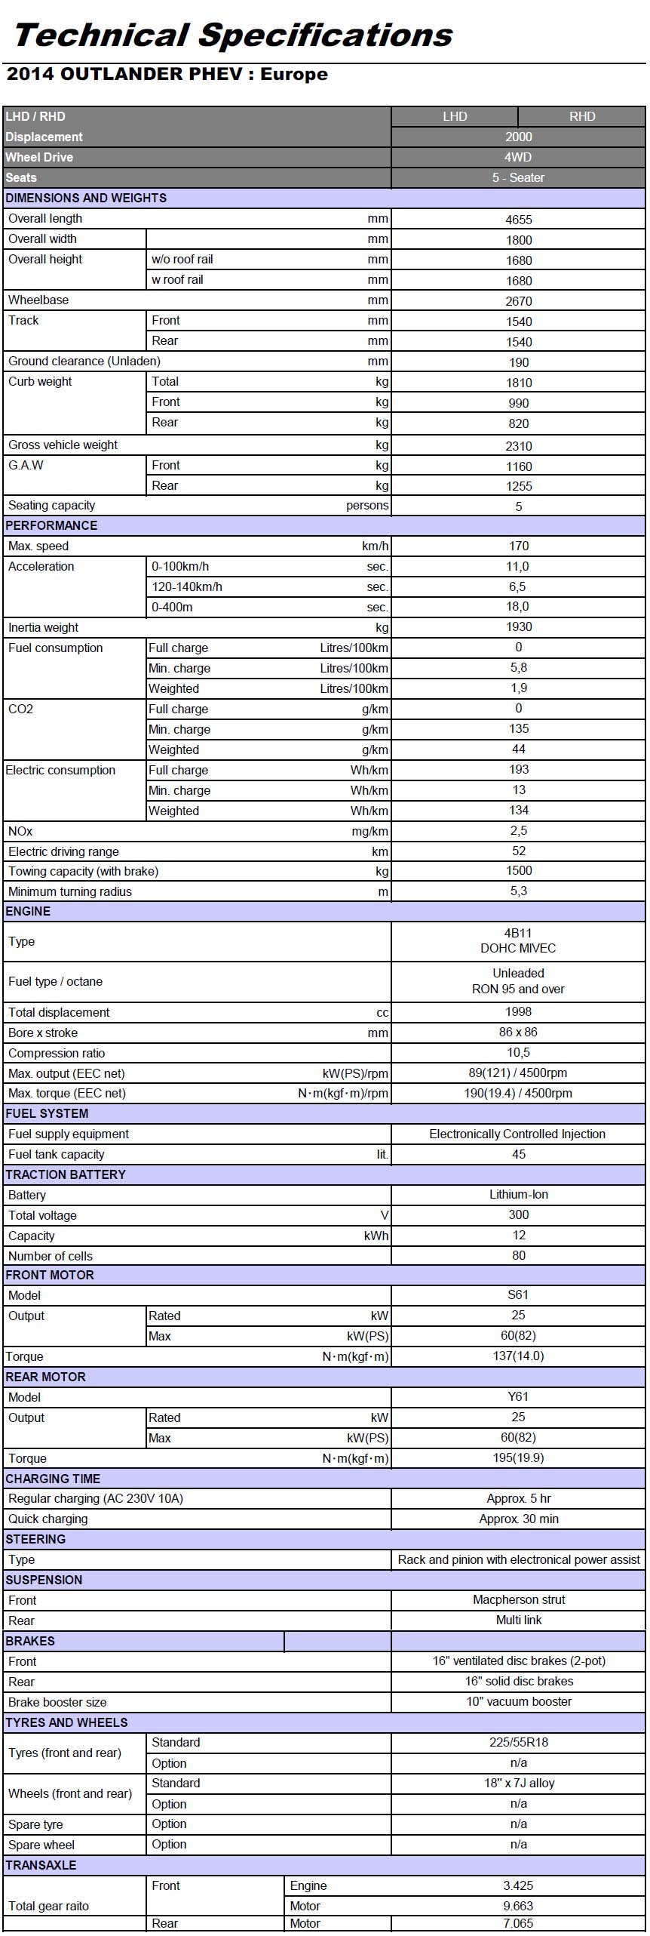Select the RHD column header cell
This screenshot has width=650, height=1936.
[581, 116]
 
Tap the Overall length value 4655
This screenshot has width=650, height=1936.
[518, 220]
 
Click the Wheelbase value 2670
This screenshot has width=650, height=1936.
[518, 301]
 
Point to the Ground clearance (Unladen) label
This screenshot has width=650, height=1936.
[84, 361]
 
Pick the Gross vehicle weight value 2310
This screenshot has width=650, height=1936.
[518, 446]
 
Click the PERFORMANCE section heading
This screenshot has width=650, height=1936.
[51, 525]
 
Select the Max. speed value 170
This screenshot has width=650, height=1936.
[518, 546]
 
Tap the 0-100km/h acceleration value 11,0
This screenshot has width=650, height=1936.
[517, 566]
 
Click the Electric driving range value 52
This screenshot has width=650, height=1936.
[518, 851]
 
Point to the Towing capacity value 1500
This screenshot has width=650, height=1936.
[518, 870]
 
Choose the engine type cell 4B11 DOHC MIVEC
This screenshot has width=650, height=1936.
[518, 940]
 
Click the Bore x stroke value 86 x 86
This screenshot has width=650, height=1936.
[518, 1032]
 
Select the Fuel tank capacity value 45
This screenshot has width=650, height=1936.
[518, 1154]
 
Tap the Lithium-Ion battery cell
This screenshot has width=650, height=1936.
[518, 1194]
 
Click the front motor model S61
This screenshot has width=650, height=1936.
[518, 1294]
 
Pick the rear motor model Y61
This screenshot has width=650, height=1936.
[518, 1396]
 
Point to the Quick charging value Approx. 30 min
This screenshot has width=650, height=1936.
[518, 1519]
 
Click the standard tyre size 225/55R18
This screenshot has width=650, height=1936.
[518, 1742]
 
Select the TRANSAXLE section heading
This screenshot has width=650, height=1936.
[41, 1864]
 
